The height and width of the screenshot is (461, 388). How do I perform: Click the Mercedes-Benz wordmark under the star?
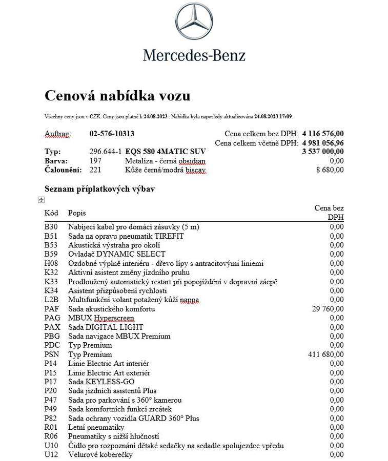[194, 55]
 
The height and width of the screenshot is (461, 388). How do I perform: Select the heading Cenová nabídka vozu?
[117, 96]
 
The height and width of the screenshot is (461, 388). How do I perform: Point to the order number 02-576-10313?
[112, 134]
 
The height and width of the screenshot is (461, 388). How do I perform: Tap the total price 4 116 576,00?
[323, 134]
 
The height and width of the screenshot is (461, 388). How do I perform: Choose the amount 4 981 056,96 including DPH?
[323, 142]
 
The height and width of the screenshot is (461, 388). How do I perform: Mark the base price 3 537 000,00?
[323, 152]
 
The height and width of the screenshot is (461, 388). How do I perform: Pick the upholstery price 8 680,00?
[330, 170]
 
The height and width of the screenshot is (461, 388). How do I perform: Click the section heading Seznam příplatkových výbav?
[99, 189]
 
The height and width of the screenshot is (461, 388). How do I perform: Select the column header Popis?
[77, 213]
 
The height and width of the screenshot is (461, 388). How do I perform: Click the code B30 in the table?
[51, 226]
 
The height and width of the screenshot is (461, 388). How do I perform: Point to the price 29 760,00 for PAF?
[328, 309]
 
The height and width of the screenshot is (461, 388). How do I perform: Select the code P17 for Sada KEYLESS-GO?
[51, 382]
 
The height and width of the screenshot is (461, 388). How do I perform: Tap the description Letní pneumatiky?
[96, 427]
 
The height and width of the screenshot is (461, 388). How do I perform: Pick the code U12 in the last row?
[51, 455]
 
